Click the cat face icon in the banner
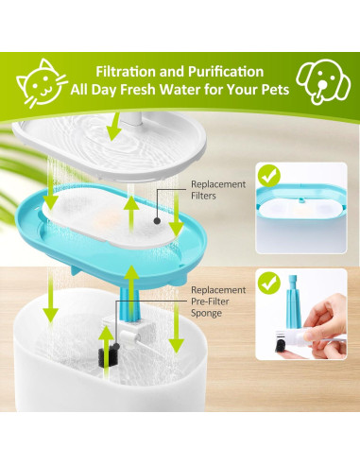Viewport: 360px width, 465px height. click(42, 82)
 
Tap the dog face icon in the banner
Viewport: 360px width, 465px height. click(323, 81)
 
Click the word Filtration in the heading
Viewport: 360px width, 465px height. click(126, 72)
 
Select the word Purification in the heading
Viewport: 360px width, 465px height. click(226, 72)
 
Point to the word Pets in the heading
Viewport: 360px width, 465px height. click(275, 90)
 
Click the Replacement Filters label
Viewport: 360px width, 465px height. click(218, 190)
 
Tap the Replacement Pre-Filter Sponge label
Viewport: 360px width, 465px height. click(218, 301)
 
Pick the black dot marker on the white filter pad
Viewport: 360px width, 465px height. click(158, 221)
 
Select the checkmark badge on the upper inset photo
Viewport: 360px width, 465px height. click(268, 177)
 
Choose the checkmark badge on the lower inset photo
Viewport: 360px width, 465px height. click(268, 283)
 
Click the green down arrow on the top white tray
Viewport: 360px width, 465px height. click(114, 128)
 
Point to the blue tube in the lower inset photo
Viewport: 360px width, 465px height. click(294, 301)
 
